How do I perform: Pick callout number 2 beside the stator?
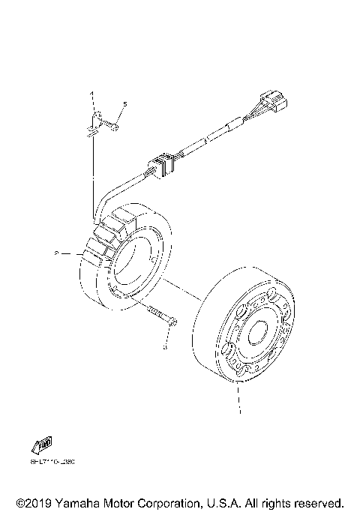click(x=57, y=254)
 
